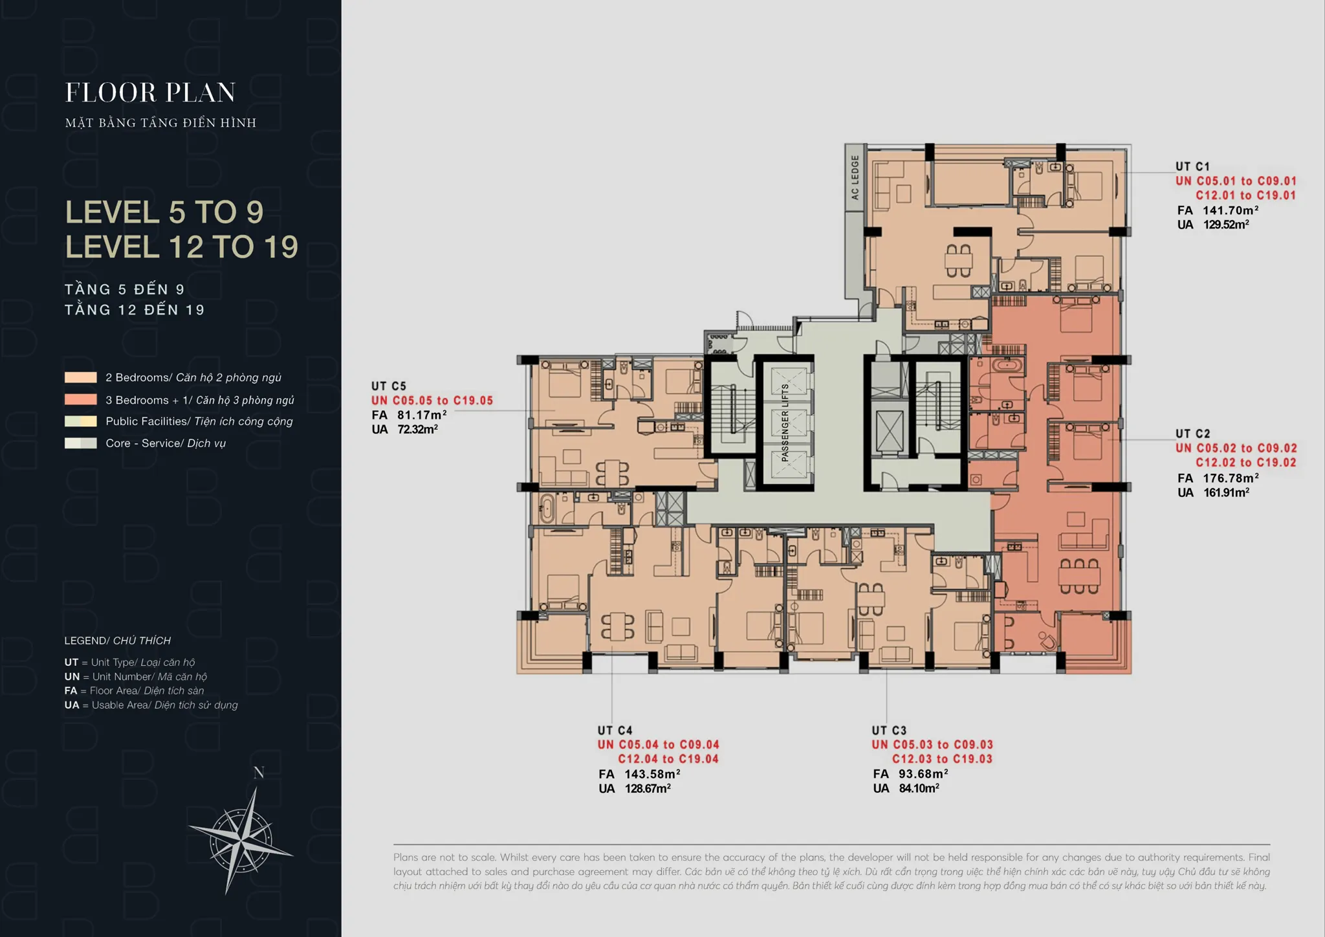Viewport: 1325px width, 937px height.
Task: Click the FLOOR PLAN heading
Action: click(x=150, y=93)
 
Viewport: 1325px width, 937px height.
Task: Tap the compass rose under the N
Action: click(x=241, y=841)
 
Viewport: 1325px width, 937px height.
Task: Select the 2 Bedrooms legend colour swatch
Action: click(x=80, y=377)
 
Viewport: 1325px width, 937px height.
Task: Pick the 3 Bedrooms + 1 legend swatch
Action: click(x=80, y=400)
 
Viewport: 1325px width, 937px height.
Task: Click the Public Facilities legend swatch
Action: click(x=80, y=421)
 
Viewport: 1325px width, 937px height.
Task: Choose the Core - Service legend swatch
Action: click(x=80, y=443)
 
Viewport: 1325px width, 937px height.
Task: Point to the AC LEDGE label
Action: click(x=855, y=177)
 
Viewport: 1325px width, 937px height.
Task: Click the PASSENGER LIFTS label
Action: click(x=785, y=423)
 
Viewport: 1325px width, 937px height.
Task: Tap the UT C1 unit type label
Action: click(x=1192, y=166)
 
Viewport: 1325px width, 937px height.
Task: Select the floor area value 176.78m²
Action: click(x=1231, y=478)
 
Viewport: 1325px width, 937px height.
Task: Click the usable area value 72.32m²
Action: click(x=417, y=429)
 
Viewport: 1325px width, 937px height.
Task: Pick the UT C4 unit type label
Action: click(x=615, y=731)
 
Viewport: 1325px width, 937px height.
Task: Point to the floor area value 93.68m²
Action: click(x=923, y=774)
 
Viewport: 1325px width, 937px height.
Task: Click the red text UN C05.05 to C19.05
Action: click(x=432, y=401)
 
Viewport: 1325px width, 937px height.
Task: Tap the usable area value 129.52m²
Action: click(x=1226, y=225)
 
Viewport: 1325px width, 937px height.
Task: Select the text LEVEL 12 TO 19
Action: click(x=182, y=247)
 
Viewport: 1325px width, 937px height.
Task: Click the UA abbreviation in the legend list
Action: click(x=72, y=705)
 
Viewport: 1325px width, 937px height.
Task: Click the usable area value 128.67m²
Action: click(x=648, y=788)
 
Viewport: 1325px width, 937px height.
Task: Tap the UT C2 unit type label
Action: click(x=1192, y=434)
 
